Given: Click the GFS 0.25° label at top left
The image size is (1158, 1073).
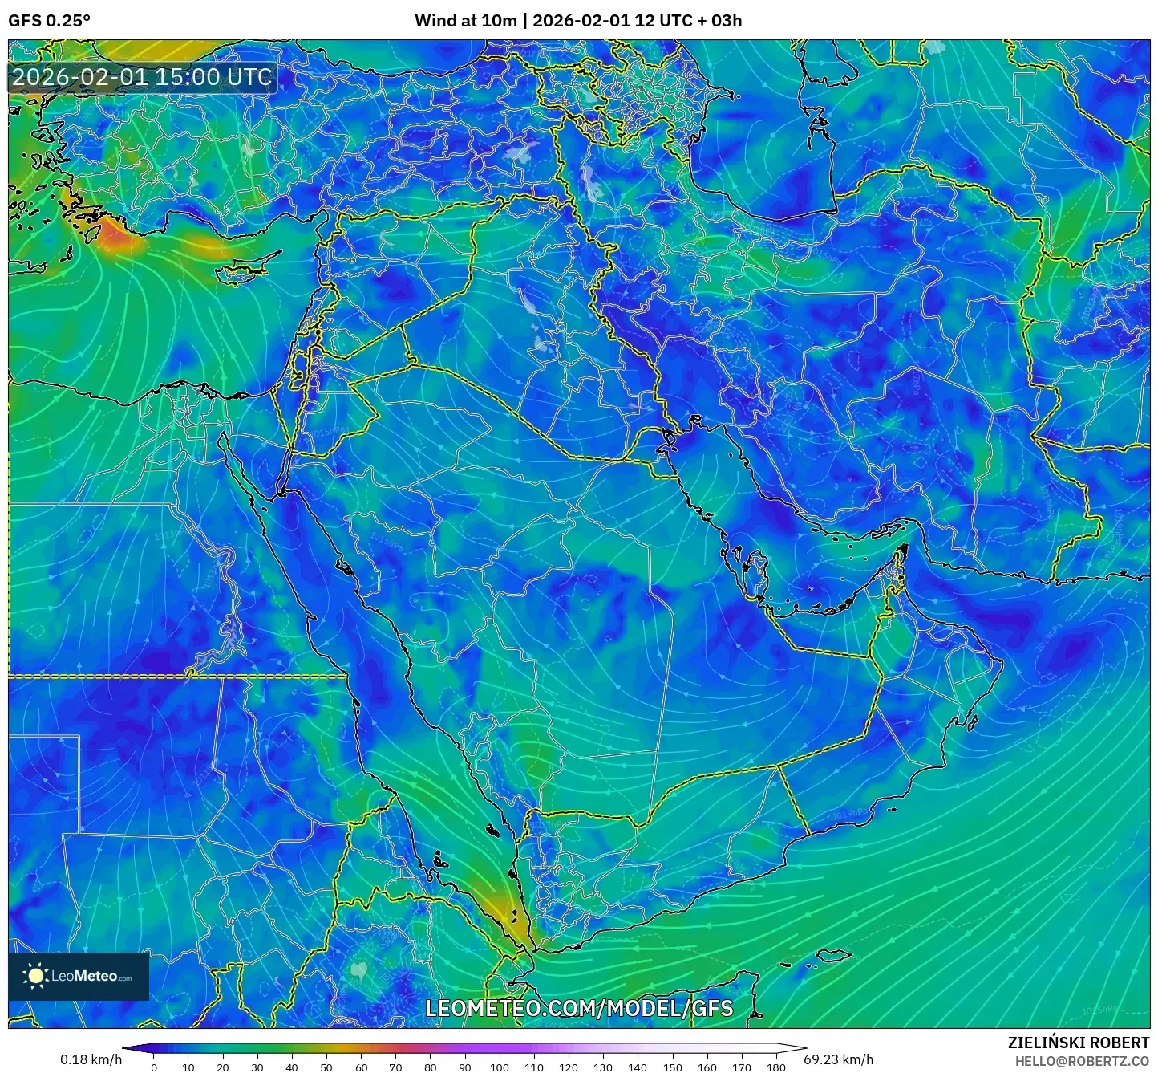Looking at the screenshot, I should (49, 21).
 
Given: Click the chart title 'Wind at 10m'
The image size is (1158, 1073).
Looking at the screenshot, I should (465, 21).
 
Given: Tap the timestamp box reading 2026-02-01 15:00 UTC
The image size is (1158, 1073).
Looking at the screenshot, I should (142, 77).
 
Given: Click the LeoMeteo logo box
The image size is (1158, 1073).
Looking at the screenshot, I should (79, 976).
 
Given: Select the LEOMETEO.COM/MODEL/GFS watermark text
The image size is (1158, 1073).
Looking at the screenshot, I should (579, 1008).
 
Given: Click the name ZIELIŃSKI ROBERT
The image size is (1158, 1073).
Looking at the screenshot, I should (1078, 1043).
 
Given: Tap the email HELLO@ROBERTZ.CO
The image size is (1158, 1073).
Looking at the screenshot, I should (1082, 1061).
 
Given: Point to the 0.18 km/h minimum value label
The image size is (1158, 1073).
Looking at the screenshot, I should (91, 1059).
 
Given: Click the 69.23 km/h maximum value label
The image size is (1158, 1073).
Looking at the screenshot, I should (838, 1059).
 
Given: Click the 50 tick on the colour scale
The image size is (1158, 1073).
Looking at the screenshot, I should (326, 1067).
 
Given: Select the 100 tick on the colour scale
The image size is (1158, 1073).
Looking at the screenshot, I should (500, 1067).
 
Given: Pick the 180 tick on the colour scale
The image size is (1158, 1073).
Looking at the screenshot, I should (775, 1067).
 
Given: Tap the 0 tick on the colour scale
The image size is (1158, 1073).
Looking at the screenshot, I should (154, 1067).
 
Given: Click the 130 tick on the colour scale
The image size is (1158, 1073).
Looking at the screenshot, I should (603, 1067).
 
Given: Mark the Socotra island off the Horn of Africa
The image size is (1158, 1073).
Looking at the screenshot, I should (834, 956).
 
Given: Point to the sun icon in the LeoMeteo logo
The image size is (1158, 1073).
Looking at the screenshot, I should (35, 976).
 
